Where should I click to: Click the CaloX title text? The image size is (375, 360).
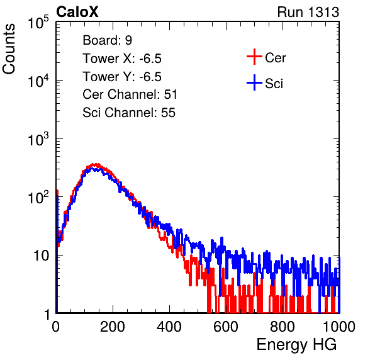[77, 12]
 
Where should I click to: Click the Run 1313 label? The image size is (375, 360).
[308, 12]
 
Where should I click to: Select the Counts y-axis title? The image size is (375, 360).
[9, 49]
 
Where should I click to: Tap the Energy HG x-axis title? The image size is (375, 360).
[296, 345]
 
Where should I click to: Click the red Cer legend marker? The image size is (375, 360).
[254, 57]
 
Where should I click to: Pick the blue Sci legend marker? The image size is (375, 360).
[254, 82]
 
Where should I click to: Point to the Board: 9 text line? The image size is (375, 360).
[108, 40]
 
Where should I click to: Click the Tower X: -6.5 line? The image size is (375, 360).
[122, 59]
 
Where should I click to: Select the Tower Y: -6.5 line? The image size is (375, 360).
[122, 77]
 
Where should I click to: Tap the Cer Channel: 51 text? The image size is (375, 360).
[130, 94]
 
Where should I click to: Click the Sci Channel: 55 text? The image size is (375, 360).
[129, 113]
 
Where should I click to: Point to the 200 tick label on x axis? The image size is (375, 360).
[113, 327]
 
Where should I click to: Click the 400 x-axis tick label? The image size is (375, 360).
[169, 327]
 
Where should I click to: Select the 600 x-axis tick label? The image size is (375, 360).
[226, 327]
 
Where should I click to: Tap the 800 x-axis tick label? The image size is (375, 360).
[283, 327]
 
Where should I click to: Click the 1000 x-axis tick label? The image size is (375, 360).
[339, 327]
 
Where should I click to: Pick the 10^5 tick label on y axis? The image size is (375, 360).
[38, 23]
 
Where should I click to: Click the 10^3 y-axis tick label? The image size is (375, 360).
[38, 139]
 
